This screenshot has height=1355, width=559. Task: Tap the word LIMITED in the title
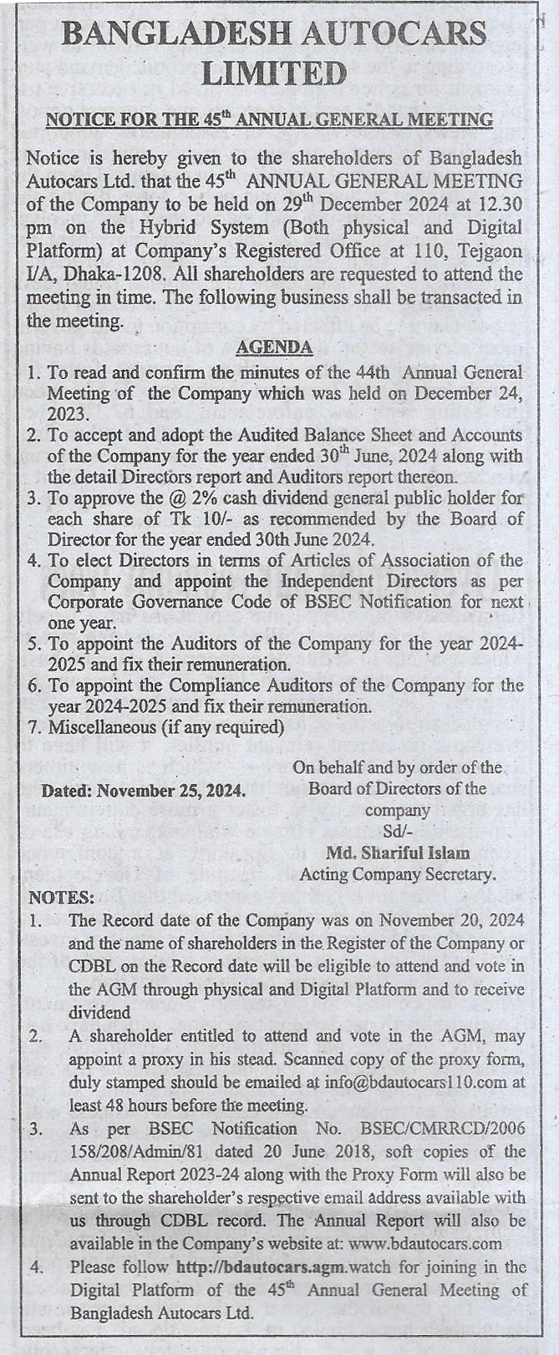tap(274, 74)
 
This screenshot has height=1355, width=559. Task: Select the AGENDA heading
tap(274, 347)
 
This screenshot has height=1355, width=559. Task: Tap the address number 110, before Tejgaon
tap(444, 251)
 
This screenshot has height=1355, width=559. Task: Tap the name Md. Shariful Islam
tap(398, 853)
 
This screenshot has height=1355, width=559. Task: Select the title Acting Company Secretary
tap(398, 875)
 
